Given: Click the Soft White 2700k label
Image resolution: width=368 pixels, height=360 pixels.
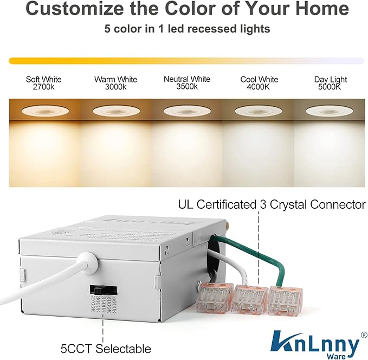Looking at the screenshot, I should point(43,83).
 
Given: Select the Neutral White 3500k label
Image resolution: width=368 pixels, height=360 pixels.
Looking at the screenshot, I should point(186,83).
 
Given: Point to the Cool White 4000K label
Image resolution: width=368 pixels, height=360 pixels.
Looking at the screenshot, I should point(259,83).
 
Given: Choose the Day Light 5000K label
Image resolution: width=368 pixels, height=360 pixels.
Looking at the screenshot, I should point(330,83).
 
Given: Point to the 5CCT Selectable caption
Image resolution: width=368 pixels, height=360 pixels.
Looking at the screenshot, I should point(106,348).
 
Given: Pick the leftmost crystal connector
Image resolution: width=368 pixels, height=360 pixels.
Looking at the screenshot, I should point(214,298).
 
